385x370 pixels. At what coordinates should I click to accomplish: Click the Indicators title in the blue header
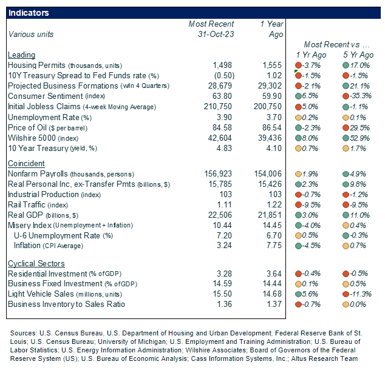[x=29, y=13]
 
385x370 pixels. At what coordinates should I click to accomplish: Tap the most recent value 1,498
[x=223, y=65]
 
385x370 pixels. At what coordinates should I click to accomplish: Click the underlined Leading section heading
[x=21, y=55]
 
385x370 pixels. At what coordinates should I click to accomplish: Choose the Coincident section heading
[x=26, y=164]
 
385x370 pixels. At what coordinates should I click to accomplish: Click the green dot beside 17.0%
[x=344, y=66]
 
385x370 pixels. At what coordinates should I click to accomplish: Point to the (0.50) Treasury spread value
[x=223, y=76]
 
